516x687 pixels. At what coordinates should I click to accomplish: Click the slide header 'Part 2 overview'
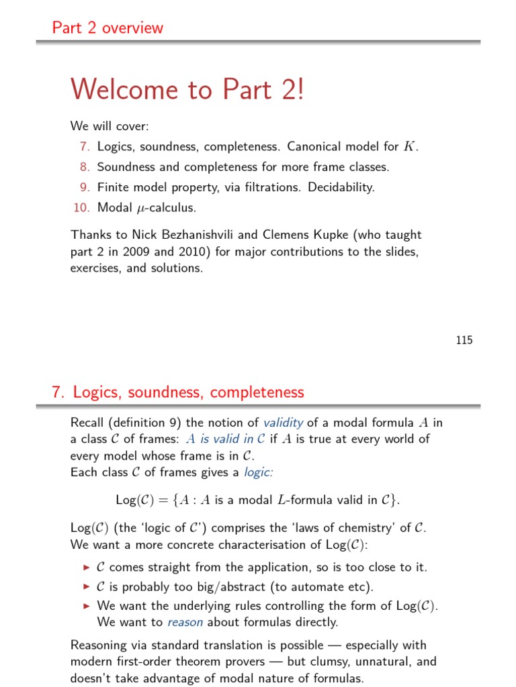[107, 28]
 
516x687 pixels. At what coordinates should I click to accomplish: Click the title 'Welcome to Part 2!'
[187, 89]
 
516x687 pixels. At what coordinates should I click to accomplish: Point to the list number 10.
[81, 208]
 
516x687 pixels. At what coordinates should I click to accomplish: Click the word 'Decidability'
[341, 187]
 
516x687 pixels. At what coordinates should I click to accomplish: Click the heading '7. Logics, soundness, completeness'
[178, 392]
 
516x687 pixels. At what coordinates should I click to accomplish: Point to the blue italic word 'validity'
[283, 423]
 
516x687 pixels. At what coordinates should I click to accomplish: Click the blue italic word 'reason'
[185, 622]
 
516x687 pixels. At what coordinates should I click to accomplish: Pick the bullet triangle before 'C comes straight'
[86, 568]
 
